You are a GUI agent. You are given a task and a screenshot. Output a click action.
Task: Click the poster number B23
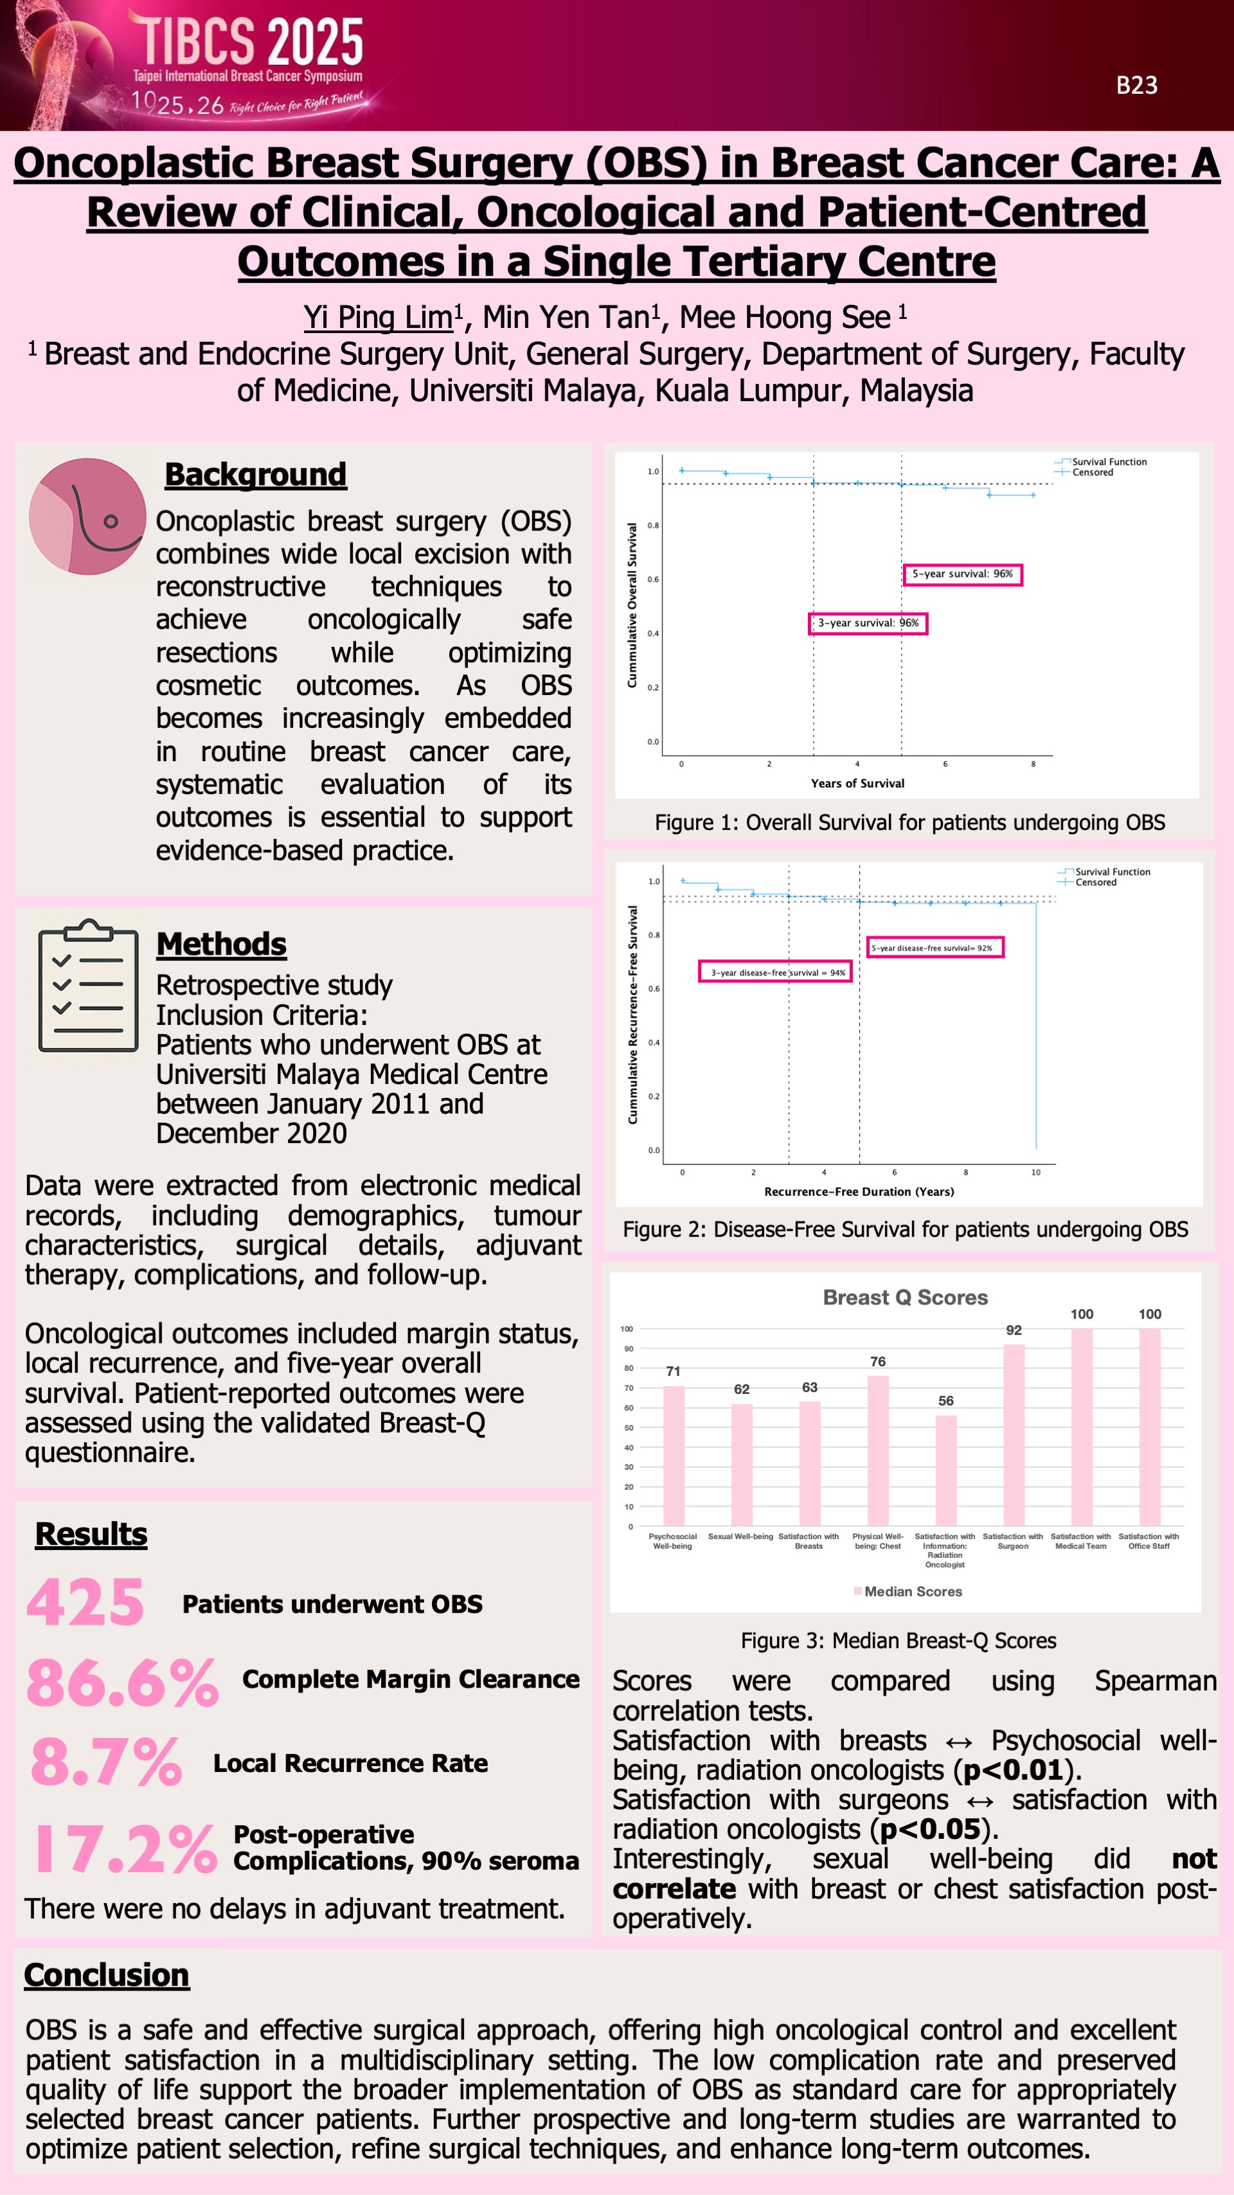pos(1136,86)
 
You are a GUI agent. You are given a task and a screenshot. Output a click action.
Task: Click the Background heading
pos(256,474)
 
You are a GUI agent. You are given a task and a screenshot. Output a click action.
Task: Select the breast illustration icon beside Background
pos(87,516)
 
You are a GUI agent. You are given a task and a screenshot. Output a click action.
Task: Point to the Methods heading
pos(222,944)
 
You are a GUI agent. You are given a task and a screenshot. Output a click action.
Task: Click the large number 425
pos(85,1603)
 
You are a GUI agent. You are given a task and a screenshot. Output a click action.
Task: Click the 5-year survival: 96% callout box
pos(961,574)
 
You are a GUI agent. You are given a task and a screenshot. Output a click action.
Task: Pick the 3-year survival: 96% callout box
pos(867,624)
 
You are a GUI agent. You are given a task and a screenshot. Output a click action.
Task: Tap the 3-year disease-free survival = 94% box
pos(775,972)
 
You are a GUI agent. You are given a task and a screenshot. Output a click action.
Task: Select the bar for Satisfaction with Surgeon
pos(1014,1436)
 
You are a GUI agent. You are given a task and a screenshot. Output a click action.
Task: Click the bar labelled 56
pos(945,1470)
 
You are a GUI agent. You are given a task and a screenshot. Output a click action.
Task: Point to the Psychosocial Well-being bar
pos(673,1456)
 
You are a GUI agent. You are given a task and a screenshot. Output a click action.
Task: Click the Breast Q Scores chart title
pos(906,1297)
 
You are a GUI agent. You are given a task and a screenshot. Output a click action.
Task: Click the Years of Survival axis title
pos(857,784)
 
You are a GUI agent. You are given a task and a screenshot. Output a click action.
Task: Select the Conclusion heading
pos(107,1975)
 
